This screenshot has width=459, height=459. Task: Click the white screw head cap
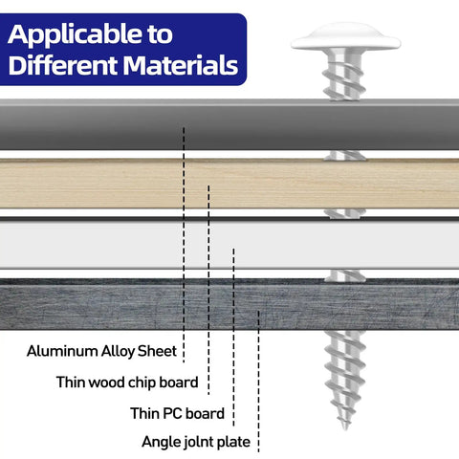[x=346, y=36]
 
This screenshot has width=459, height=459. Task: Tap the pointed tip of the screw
[x=345, y=428]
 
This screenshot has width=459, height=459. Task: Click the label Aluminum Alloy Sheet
[x=101, y=351]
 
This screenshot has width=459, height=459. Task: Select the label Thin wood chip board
[x=127, y=382]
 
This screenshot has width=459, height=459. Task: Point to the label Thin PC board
[x=177, y=413]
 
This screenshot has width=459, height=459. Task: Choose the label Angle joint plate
[x=196, y=442]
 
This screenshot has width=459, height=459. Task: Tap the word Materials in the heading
[x=181, y=65]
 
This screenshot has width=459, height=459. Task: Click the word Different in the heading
[x=62, y=65]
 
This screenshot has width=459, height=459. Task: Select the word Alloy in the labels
[x=118, y=352]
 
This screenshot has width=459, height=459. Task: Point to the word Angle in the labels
[x=161, y=443]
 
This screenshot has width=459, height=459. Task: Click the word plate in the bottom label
[x=233, y=442]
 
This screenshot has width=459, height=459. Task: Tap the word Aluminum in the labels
[x=62, y=351]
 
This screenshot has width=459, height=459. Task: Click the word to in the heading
[x=160, y=34]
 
